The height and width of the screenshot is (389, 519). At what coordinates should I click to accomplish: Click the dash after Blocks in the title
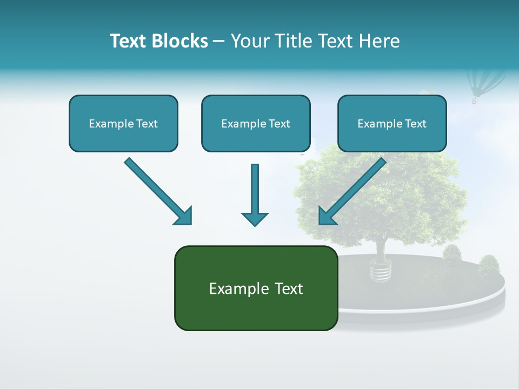[219, 42]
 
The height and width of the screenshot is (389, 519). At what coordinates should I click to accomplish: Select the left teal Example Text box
[123, 123]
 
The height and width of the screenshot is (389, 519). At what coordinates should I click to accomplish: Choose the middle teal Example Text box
[256, 123]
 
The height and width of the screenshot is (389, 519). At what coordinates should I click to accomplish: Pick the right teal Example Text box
[392, 123]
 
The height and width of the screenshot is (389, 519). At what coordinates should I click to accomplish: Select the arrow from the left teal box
[157, 190]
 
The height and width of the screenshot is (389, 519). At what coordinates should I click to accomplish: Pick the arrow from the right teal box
[354, 190]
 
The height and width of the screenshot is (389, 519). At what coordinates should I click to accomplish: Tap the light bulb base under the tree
[381, 270]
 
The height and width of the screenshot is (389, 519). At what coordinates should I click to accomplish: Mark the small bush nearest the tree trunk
[452, 254]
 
